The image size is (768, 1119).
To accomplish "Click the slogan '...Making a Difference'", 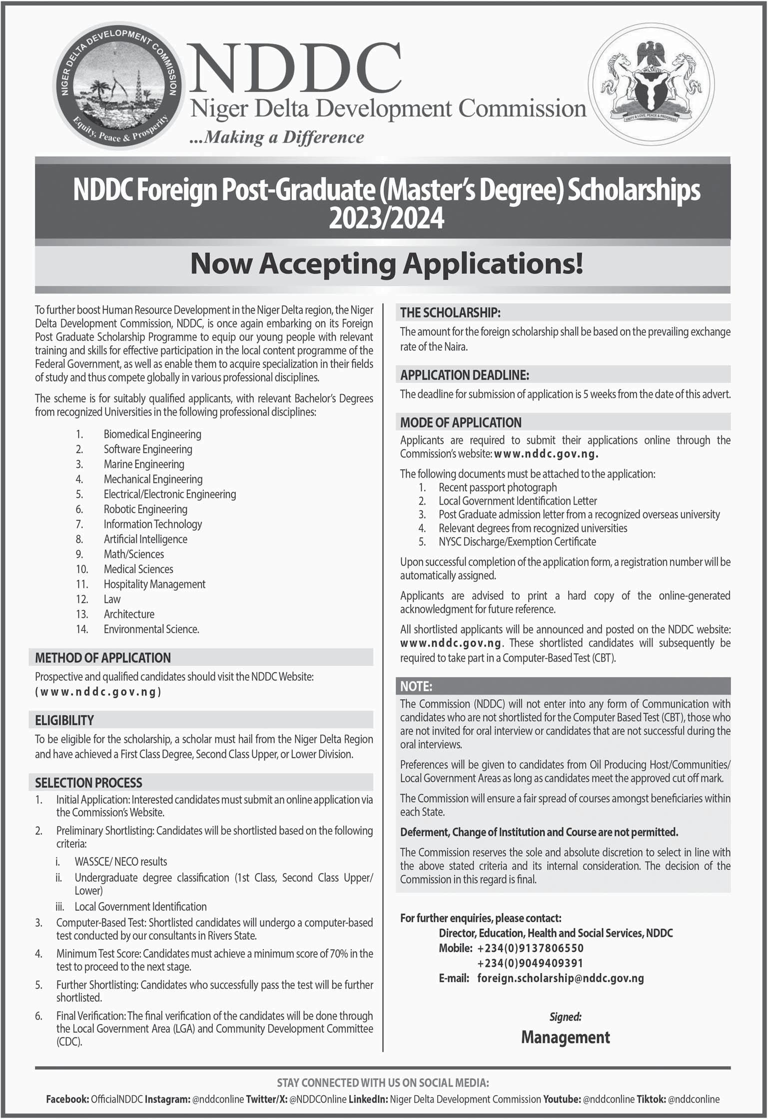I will pyautogui.click(x=277, y=137).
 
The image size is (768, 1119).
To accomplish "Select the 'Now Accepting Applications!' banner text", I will pyautogui.click(x=387, y=263).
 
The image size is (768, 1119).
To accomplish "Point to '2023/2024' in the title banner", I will pyautogui.click(x=386, y=218).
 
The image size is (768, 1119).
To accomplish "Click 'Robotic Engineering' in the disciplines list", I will pyautogui.click(x=145, y=509).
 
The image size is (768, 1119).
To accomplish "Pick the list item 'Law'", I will pyautogui.click(x=112, y=599).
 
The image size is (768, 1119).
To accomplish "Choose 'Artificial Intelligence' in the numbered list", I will pyautogui.click(x=145, y=539).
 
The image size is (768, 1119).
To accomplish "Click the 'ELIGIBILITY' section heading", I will pyautogui.click(x=64, y=720).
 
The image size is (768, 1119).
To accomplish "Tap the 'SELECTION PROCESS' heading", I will pyautogui.click(x=88, y=782).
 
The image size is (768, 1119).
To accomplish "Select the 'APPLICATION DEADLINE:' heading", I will pyautogui.click(x=464, y=374).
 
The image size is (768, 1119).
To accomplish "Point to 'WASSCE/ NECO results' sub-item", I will pyautogui.click(x=120, y=861).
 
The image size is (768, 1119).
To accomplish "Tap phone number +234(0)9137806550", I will pyautogui.click(x=530, y=948).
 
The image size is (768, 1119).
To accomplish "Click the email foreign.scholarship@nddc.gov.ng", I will pyautogui.click(x=560, y=978).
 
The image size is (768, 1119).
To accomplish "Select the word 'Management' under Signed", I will pyautogui.click(x=565, y=1037).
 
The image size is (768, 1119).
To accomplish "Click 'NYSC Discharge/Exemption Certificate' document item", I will pyautogui.click(x=517, y=541).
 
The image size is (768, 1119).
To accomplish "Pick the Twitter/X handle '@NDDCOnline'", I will pyautogui.click(x=318, y=1099).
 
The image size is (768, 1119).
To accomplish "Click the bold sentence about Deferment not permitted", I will pyautogui.click(x=539, y=832).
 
